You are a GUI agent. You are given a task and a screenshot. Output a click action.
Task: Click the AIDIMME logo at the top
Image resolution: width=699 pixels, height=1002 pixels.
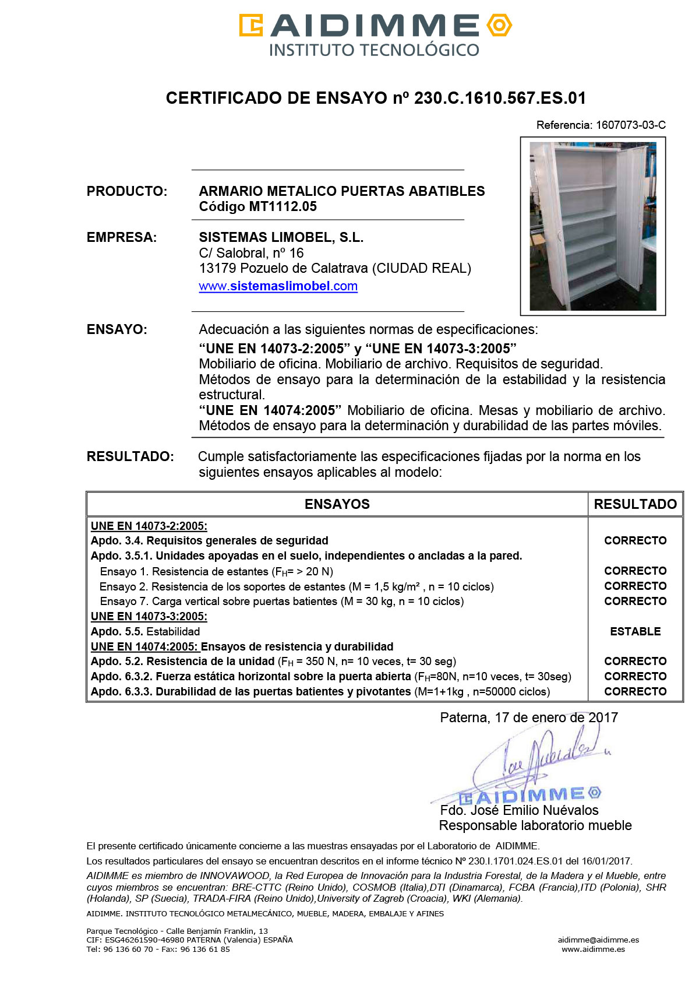(x=375, y=34)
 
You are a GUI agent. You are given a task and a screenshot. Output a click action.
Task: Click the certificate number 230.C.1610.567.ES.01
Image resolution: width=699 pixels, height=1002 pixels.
(x=500, y=98)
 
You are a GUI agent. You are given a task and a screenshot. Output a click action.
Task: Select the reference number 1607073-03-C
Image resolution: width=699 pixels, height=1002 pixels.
(x=630, y=125)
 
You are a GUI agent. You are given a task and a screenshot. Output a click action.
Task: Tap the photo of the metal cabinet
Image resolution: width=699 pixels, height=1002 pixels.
(x=592, y=226)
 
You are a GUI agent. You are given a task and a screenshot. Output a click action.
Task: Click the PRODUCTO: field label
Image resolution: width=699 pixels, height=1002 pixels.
(x=126, y=191)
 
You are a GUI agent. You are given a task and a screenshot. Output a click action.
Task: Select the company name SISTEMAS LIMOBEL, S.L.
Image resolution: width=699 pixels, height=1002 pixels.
(x=281, y=237)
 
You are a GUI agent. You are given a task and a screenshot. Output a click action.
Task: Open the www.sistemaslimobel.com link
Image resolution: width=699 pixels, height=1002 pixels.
(x=278, y=286)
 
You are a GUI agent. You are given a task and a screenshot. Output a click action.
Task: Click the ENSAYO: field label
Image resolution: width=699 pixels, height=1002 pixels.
(x=116, y=329)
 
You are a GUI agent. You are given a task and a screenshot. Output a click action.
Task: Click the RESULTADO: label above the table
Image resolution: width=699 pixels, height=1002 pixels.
(x=130, y=456)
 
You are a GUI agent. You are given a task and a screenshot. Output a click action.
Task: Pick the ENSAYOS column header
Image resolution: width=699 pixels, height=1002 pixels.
(x=337, y=504)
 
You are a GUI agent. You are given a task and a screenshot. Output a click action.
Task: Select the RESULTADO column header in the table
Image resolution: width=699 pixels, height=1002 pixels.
(x=635, y=504)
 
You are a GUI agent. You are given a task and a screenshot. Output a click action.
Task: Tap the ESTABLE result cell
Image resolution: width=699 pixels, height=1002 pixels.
(x=635, y=631)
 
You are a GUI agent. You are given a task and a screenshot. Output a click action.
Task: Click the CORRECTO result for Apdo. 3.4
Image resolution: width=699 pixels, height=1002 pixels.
(x=635, y=540)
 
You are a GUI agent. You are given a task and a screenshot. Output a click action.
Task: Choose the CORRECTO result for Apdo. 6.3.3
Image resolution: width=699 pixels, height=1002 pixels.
(x=635, y=691)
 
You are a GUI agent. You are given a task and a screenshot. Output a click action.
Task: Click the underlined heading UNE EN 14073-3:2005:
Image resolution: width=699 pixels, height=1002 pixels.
(x=149, y=616)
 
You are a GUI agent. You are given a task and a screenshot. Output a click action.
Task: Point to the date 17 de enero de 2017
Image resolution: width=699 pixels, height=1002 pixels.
(x=556, y=718)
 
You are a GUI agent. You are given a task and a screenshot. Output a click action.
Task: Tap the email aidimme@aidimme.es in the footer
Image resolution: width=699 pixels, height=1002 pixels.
(x=598, y=940)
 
